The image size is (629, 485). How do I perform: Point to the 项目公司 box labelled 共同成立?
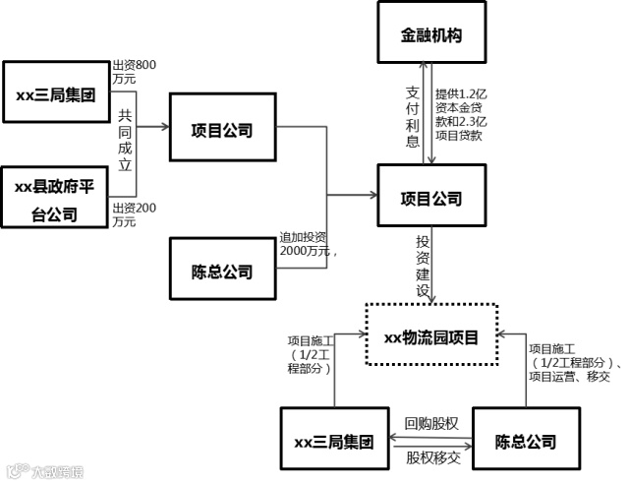(x=223, y=129)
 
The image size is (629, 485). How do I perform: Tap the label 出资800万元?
(x=135, y=71)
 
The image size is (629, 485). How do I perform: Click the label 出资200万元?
(x=135, y=214)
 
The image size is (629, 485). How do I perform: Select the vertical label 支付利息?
(x=413, y=116)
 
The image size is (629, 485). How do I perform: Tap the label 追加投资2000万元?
(x=310, y=244)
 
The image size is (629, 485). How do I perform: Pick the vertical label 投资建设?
(x=423, y=266)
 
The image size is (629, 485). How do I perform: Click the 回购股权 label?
(x=432, y=423)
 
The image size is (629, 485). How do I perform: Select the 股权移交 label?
(x=432, y=456)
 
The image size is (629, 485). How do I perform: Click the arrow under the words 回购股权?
(x=432, y=436)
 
